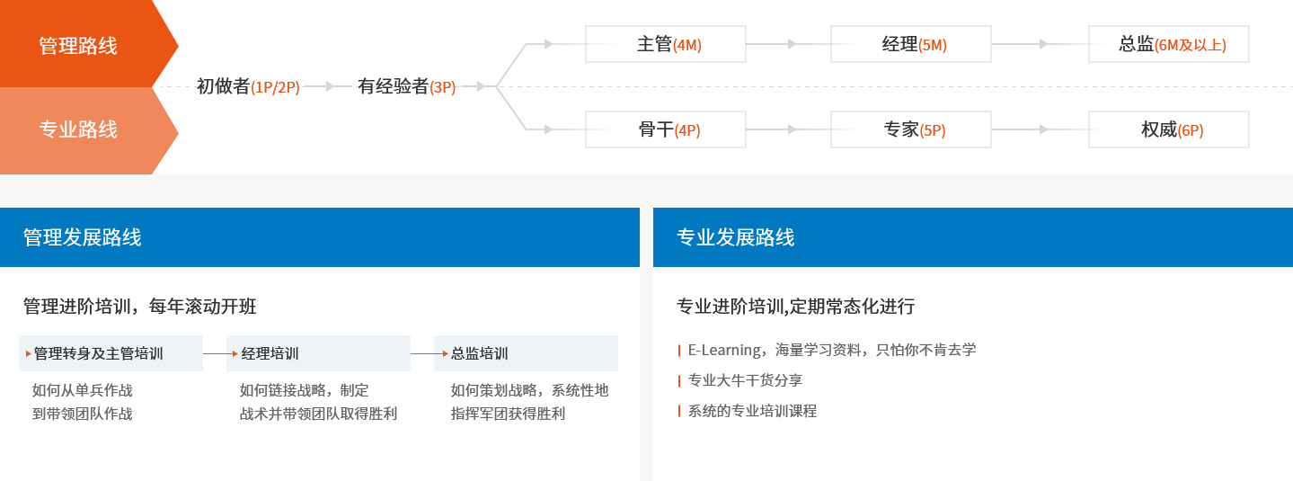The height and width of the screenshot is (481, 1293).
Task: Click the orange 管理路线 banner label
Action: tap(78, 45)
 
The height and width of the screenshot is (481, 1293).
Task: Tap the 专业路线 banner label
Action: tap(78, 129)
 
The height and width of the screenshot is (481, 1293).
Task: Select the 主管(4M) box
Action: tap(666, 44)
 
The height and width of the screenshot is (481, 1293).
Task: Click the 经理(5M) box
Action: tap(911, 44)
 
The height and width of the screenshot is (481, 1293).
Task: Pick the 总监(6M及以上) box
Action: tap(1169, 44)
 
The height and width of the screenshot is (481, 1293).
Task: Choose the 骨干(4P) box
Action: tap(666, 129)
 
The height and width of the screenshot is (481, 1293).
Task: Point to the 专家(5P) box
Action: tap(911, 129)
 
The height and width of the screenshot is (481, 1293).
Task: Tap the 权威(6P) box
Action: tap(1169, 129)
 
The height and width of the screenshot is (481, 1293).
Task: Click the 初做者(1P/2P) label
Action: tap(248, 86)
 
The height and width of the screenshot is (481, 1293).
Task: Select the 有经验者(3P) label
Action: tap(406, 86)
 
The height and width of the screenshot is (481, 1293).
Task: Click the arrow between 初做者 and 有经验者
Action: tap(327, 86)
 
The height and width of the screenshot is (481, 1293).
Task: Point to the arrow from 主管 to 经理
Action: tap(789, 44)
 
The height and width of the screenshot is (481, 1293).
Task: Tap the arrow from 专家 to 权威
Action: tap(1041, 129)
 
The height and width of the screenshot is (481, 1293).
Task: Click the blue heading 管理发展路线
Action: tap(82, 237)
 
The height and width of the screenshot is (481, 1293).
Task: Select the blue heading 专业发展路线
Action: tap(735, 237)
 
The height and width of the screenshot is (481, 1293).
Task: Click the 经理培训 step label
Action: tap(270, 353)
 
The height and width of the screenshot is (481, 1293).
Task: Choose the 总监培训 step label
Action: tap(479, 353)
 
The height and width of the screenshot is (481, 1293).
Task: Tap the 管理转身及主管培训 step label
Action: tap(98, 353)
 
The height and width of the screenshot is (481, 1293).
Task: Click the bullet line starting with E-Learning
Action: tap(832, 350)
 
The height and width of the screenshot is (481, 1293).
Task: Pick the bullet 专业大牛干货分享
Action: tap(745, 380)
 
